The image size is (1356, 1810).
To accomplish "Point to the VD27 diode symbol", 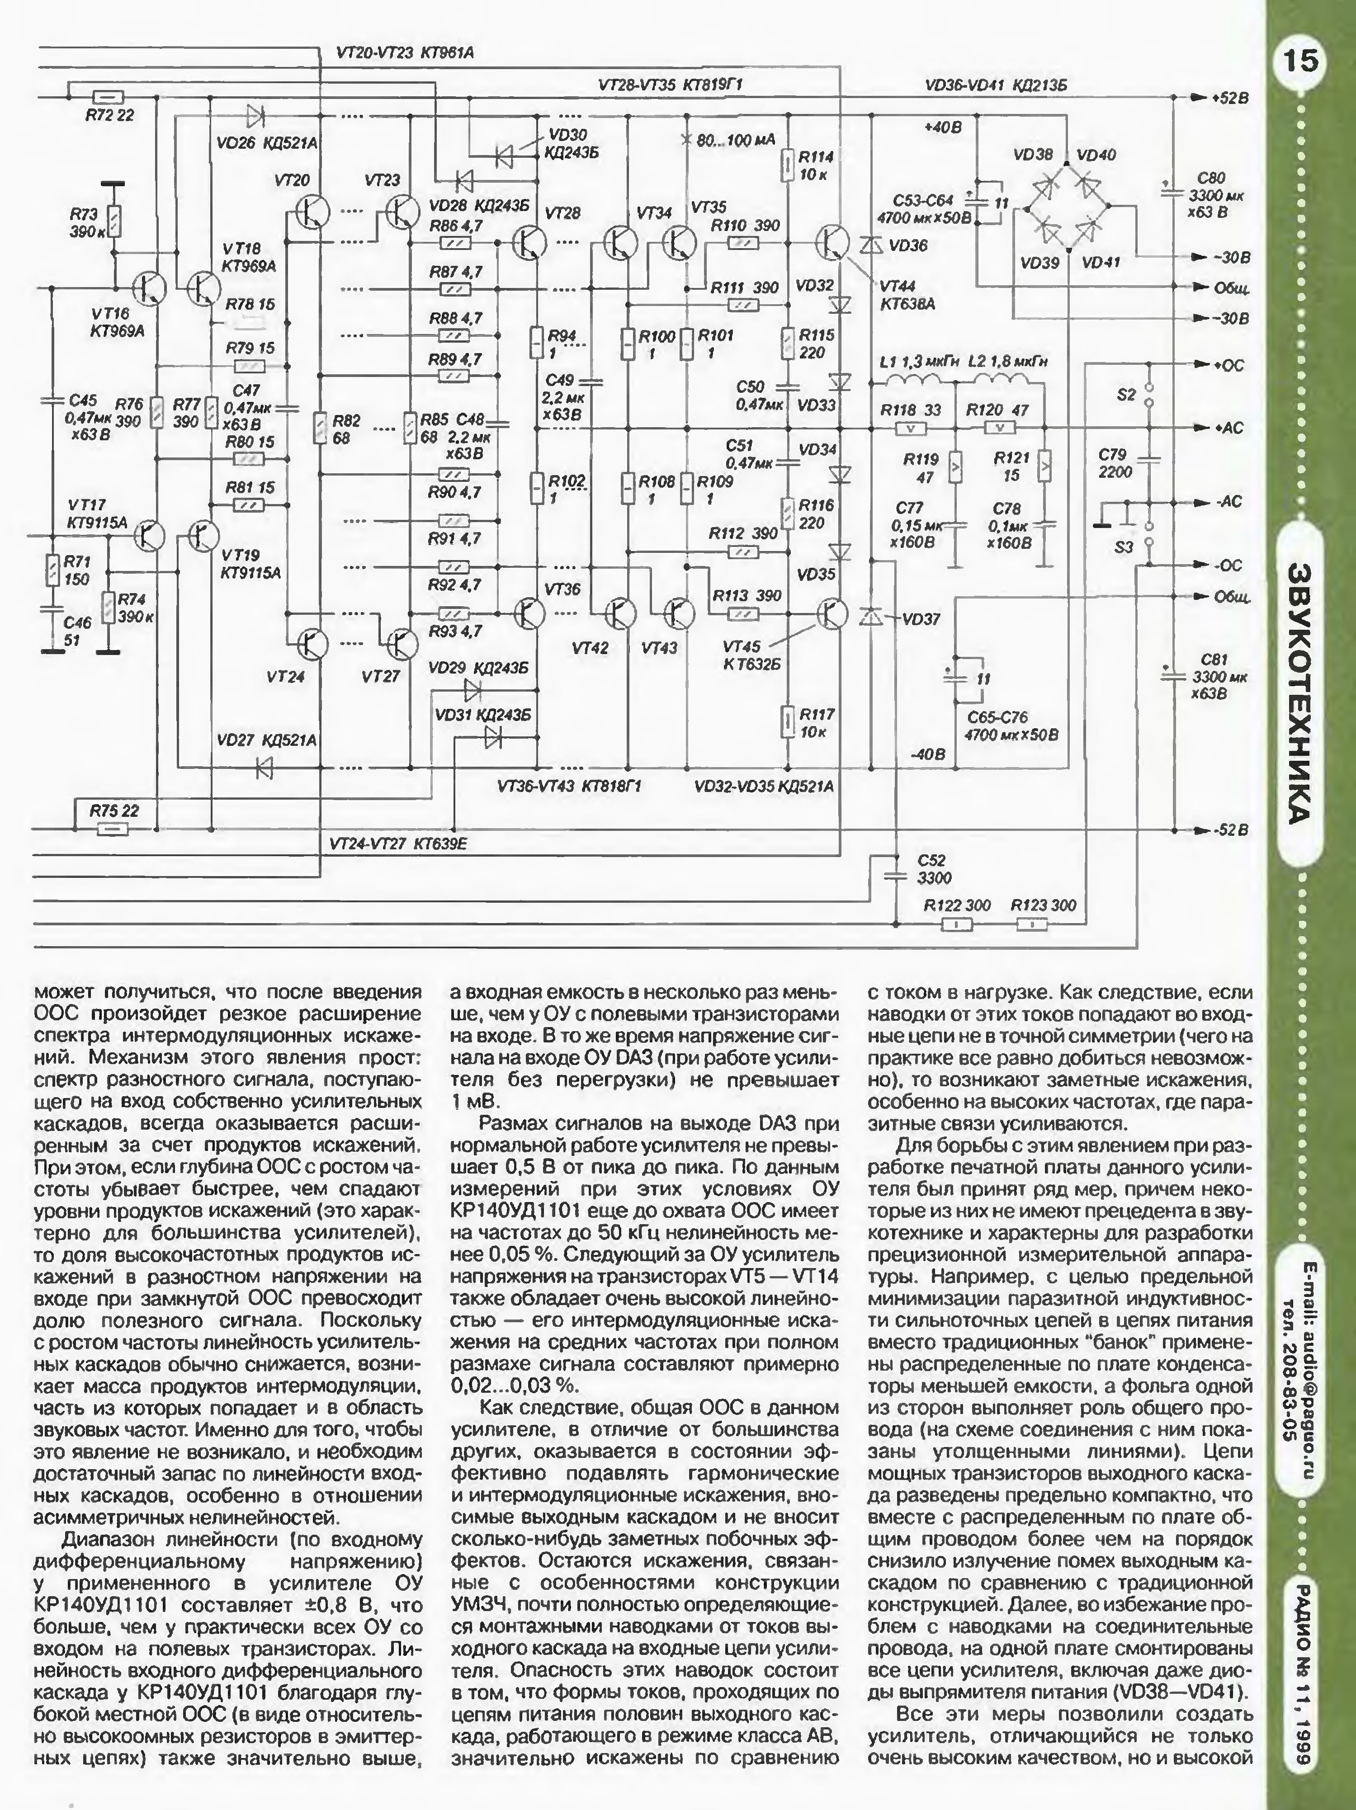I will pyautogui.click(x=264, y=768).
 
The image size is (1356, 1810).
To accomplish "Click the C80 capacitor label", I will pyautogui.click(x=1211, y=178).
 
